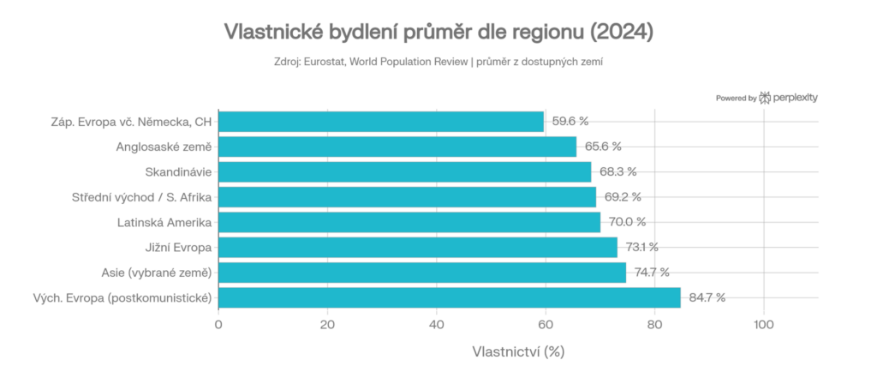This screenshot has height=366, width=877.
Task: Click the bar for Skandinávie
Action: point(404,172)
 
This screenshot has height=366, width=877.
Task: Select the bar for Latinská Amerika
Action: point(409,223)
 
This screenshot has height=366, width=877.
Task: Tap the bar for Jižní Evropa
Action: point(418,248)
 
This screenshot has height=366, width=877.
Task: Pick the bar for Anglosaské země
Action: point(397,147)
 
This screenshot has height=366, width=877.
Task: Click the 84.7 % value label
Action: point(707,297)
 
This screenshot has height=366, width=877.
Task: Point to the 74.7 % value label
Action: point(652,273)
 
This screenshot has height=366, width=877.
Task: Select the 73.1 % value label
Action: point(641,248)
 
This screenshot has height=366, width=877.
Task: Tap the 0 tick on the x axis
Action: point(218,325)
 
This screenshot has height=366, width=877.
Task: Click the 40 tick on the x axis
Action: point(437,325)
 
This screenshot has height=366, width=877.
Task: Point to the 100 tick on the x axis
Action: point(764,325)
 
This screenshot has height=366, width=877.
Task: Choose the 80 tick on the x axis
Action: point(655,325)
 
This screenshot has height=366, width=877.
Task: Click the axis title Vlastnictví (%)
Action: point(518,351)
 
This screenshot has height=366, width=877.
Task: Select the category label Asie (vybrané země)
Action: point(157,273)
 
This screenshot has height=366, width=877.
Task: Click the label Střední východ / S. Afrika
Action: point(141,197)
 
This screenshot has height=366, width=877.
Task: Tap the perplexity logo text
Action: point(795,98)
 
